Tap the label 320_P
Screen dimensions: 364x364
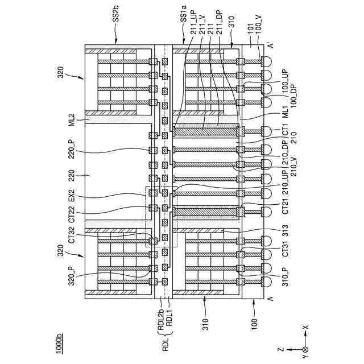pyautogui.click(x=72, y=275)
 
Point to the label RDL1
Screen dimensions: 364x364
pyautogui.click(x=168, y=323)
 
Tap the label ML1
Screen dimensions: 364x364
pyautogui.click(x=286, y=112)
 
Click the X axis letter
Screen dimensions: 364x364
pyautogui.click(x=305, y=328)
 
